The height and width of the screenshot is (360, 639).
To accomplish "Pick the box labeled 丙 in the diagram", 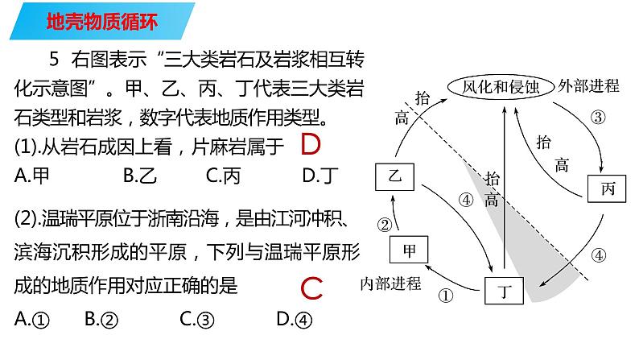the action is pyautogui.click(x=608, y=190).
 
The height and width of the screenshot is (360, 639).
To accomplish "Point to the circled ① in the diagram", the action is pyautogui.click(x=447, y=296).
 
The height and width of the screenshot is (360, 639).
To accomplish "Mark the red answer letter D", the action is pyautogui.click(x=309, y=146).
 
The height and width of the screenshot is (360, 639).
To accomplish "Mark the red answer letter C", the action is pyautogui.click(x=310, y=288).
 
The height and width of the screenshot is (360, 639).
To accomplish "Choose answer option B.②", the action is pyautogui.click(x=101, y=320).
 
